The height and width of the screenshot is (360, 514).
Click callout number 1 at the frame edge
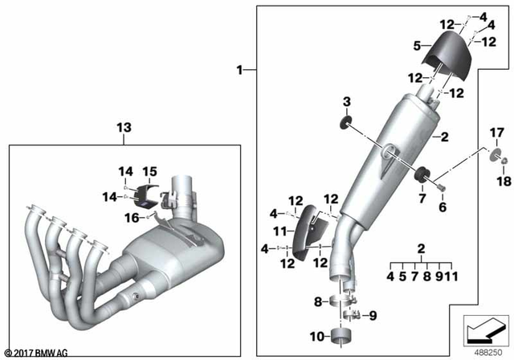(x=239, y=72)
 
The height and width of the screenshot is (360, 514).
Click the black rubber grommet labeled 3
(x=347, y=122)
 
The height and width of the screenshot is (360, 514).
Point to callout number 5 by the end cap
(x=417, y=47)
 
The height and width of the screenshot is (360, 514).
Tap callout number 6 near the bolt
(x=440, y=207)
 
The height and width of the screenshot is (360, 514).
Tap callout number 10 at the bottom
(x=317, y=335)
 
